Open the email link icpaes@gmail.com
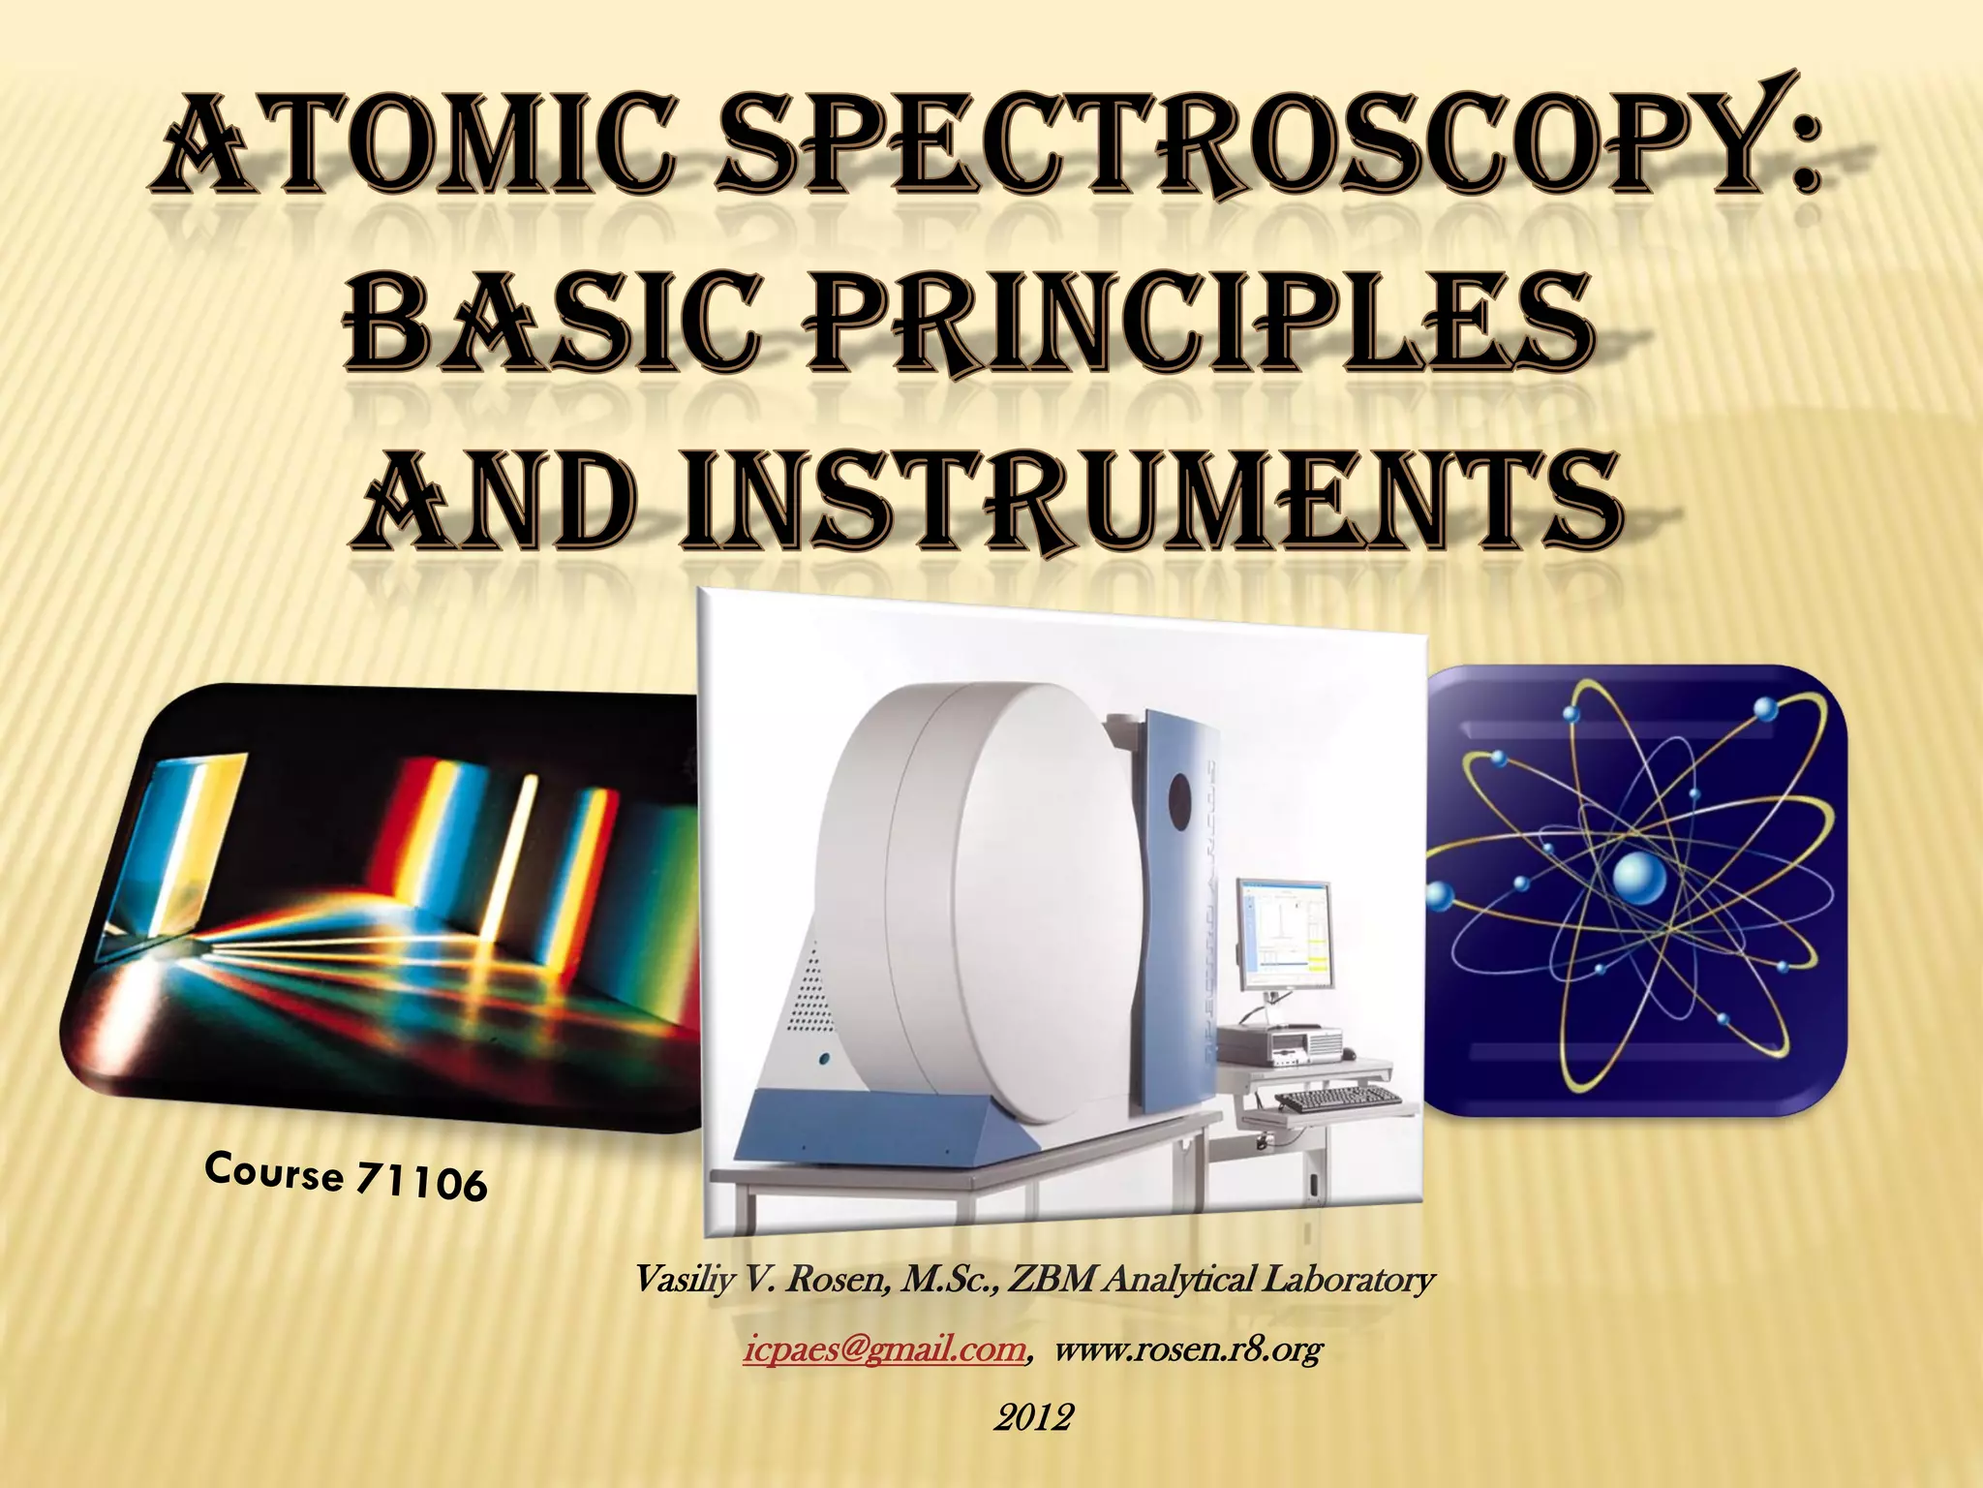point(884,1350)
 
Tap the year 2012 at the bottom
point(1033,1418)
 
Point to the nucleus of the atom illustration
point(1639,879)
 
